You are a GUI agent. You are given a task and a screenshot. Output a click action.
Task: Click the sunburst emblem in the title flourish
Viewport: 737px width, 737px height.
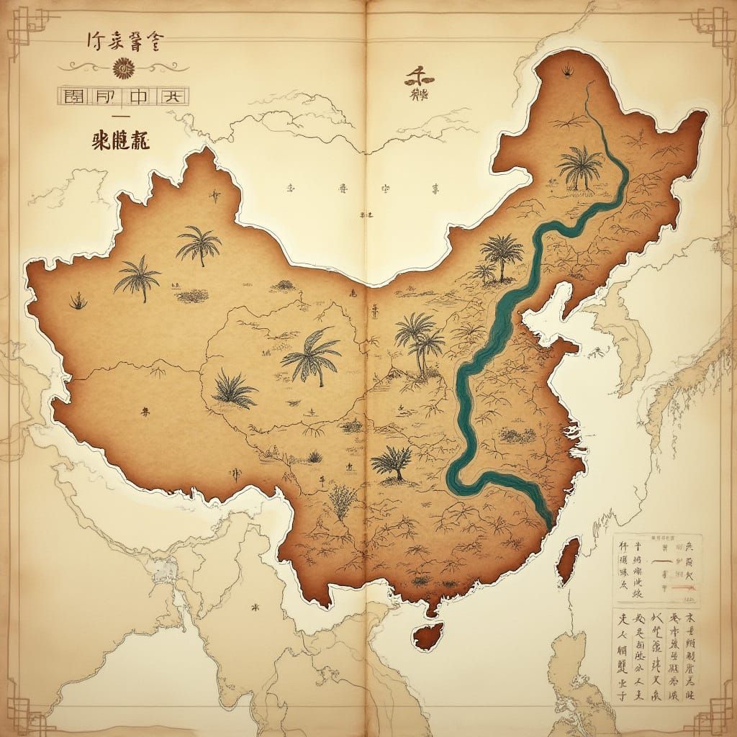[x=122, y=68]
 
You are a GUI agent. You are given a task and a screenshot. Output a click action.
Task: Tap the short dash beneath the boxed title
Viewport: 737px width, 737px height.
[x=120, y=116]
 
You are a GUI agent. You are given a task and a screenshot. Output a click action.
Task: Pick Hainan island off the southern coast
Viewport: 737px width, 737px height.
[x=428, y=636]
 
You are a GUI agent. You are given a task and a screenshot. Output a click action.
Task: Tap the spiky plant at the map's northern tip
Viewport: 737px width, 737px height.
[x=565, y=70]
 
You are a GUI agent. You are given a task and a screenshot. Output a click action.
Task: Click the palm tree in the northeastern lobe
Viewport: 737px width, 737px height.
[x=579, y=166]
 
